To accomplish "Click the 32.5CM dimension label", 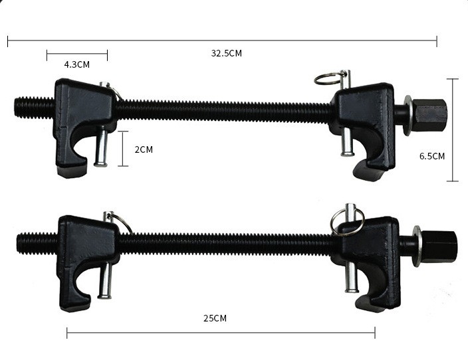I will [227, 53].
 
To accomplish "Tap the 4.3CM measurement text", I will [76, 64].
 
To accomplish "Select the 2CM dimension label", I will [144, 149].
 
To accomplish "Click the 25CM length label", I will [215, 318].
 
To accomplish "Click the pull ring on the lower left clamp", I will [120, 223].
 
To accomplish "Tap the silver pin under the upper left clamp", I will [101, 147].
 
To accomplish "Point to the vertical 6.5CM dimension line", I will [453, 130].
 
